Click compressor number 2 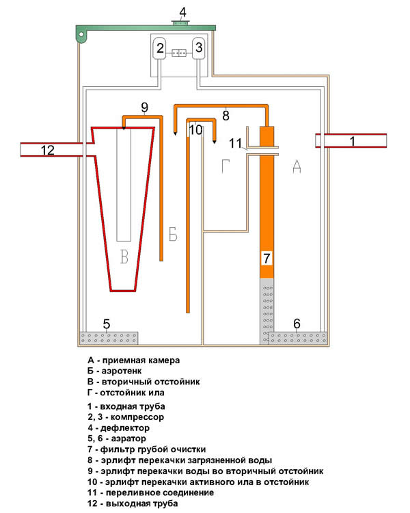pos(160,48)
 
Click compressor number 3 pos(199,48)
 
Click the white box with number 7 pos(267,259)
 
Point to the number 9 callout pos(144,107)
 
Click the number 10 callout pos(195,130)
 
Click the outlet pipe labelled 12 pos(48,150)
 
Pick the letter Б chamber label pos(173,236)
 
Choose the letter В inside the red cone pos(124,257)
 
